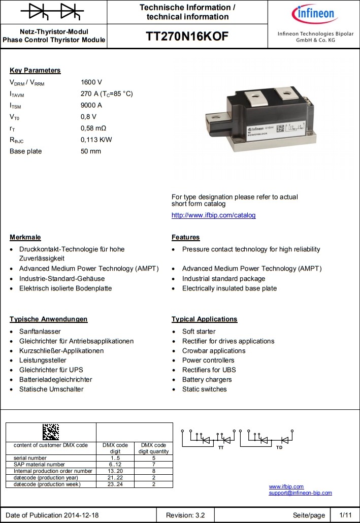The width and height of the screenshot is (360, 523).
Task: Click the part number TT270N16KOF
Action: coord(187,37)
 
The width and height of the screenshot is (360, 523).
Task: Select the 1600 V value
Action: coord(91,82)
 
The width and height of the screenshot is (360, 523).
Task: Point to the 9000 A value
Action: coord(91,105)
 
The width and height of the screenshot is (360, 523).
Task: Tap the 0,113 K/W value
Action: coord(96,140)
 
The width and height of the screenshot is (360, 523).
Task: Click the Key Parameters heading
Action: coord(35,71)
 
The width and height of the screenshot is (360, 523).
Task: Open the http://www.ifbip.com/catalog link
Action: coord(213,215)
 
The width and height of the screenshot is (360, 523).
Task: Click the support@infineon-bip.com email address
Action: coord(300,493)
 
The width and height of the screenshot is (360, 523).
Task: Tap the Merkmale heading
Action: coord(25,237)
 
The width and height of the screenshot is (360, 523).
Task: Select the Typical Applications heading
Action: coord(204,319)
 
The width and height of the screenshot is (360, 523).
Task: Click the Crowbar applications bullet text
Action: coord(214,351)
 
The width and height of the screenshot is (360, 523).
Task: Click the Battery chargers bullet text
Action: coord(207,379)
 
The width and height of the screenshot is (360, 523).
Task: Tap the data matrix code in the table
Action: coord(51,432)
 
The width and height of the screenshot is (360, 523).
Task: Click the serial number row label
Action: coord(30,458)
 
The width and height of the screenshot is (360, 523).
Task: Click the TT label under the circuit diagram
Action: coord(220,448)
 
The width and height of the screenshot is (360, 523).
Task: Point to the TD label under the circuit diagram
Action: coord(279,448)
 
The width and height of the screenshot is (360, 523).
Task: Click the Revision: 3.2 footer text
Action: coord(185,515)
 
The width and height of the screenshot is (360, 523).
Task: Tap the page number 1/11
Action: coord(345,515)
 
